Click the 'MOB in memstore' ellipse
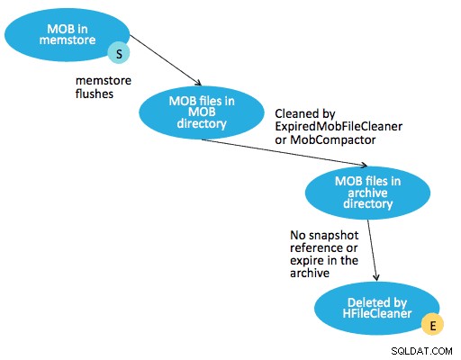(67, 35)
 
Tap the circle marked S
(119, 53)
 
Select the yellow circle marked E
(432, 324)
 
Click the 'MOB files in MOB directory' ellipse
(202, 112)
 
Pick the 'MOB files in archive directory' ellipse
(367, 193)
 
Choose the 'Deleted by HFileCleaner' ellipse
(377, 308)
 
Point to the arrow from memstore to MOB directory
(166, 60)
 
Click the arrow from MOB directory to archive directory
(285, 152)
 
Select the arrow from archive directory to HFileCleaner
(373, 250)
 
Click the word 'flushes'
(95, 94)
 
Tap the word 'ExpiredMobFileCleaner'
(339, 127)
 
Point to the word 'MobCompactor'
(333, 139)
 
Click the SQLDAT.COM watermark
(421, 351)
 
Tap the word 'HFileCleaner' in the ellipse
(377, 313)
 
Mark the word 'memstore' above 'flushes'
(104, 81)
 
